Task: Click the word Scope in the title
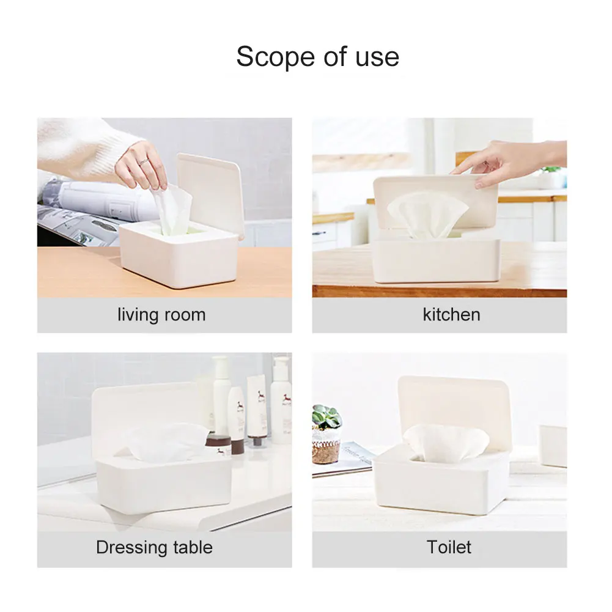pos(275,57)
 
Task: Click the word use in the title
pos(377,57)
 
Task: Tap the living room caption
pos(161,315)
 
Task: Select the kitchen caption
pos(451,314)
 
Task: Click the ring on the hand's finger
pos(144,161)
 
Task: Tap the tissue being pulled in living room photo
pos(172,209)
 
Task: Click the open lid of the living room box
pos(210,193)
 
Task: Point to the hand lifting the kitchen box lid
pos(507,162)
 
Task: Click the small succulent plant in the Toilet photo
pos(326,417)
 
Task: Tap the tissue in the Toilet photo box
pos(446,441)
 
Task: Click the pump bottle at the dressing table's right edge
pos(281,400)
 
